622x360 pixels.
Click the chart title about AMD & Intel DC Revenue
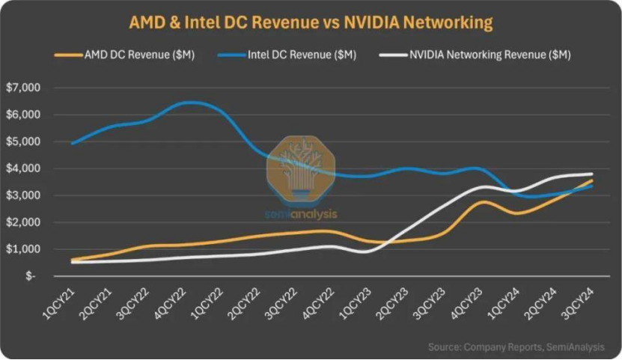[x=311, y=22]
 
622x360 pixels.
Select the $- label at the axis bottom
[x=30, y=276]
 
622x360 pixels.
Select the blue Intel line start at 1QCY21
[x=72, y=143]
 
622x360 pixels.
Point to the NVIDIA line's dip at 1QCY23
[x=364, y=252]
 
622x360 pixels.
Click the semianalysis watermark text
[x=301, y=214]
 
